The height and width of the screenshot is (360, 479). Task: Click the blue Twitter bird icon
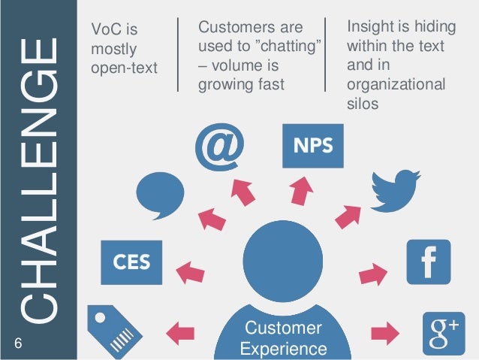click(x=396, y=189)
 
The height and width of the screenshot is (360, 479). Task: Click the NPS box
click(x=312, y=146)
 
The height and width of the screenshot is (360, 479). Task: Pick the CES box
click(x=131, y=262)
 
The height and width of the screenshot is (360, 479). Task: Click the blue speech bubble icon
click(x=162, y=195)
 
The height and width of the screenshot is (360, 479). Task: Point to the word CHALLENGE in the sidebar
click(x=38, y=180)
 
